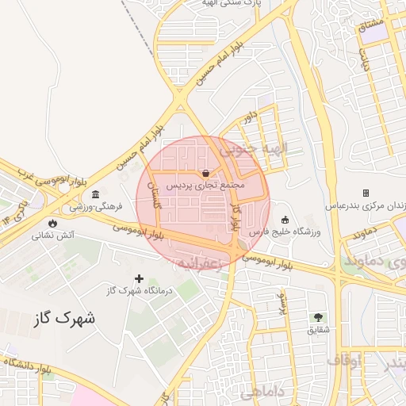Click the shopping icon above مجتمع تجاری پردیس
(206, 172)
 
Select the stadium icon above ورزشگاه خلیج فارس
(285, 220)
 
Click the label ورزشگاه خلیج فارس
(277, 232)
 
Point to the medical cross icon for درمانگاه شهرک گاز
(140, 278)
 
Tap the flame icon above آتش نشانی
(53, 223)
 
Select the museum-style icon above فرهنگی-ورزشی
(95, 195)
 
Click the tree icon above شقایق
(320, 317)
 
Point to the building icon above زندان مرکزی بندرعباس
(366, 193)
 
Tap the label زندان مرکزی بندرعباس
(366, 205)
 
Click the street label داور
(251, 120)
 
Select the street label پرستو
(280, 304)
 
